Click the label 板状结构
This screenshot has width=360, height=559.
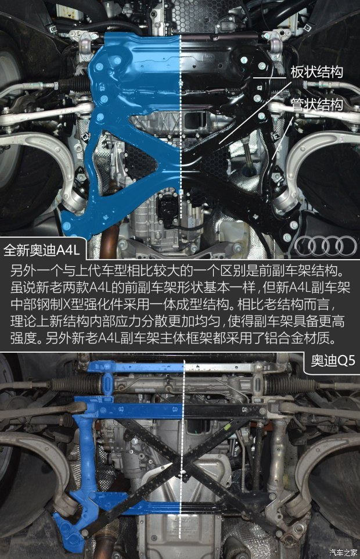[316, 72]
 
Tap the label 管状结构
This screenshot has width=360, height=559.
[316, 105]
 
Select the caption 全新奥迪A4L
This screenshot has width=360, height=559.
[42, 250]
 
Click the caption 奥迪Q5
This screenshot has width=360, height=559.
[333, 361]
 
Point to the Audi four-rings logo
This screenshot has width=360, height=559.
[326, 246]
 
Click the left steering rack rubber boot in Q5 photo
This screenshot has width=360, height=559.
[76, 385]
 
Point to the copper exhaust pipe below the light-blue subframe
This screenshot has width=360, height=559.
[108, 242]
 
